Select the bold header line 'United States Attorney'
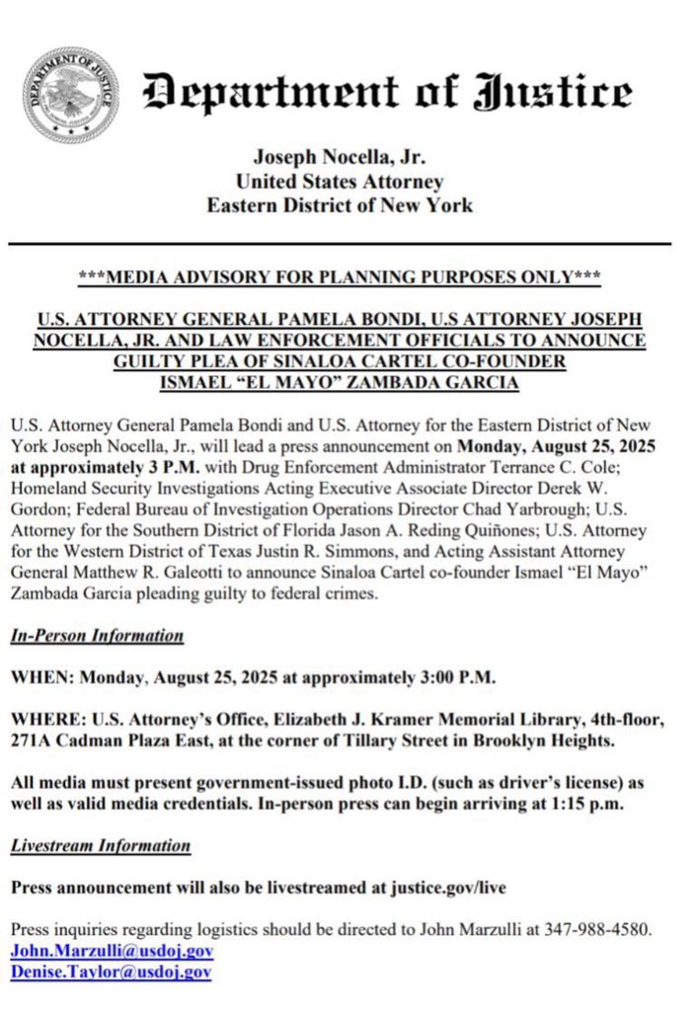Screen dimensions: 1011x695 click(339, 182)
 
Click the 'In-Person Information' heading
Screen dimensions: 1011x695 click(97, 636)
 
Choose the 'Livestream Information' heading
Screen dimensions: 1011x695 click(101, 846)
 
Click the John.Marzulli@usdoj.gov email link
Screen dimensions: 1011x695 click(112, 952)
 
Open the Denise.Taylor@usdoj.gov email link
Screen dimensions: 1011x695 click(111, 972)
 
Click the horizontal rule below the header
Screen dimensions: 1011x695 click(340, 243)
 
